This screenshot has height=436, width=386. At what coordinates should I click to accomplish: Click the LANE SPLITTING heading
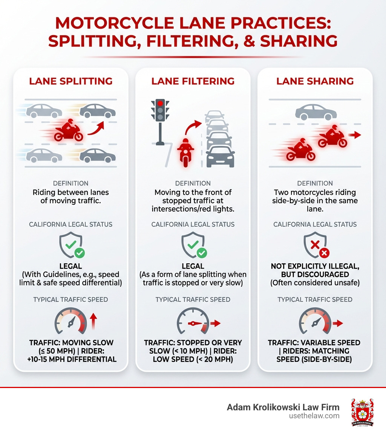pos(70,81)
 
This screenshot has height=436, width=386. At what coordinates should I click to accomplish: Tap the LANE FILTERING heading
pos(193,81)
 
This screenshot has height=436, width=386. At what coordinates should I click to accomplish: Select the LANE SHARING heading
pos(315,81)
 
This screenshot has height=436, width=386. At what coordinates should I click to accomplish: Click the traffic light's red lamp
pos(160,103)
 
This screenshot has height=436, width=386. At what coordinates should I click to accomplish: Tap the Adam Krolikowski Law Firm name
pos(283,407)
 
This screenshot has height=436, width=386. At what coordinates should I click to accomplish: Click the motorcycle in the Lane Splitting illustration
pos(69,131)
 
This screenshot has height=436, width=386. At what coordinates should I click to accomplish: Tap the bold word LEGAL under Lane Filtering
pos(193,266)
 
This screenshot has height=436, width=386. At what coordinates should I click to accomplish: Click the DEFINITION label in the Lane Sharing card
pos(315,183)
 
